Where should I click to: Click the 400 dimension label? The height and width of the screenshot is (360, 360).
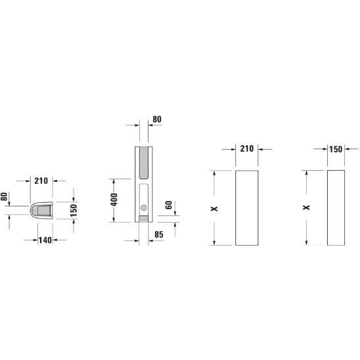(114, 200)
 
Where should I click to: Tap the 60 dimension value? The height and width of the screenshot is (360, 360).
(169, 205)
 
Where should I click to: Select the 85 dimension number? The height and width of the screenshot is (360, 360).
(159, 235)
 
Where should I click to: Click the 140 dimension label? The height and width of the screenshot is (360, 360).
(45, 240)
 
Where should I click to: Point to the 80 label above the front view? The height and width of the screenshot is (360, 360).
(157, 120)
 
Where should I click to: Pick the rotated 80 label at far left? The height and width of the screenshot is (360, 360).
(4, 196)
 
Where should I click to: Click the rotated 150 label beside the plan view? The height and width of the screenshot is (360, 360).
(74, 210)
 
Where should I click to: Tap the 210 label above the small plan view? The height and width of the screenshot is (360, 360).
(41, 181)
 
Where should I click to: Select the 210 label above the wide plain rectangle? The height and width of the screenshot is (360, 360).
(247, 148)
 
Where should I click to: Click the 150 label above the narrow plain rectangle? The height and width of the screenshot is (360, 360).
(336, 150)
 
